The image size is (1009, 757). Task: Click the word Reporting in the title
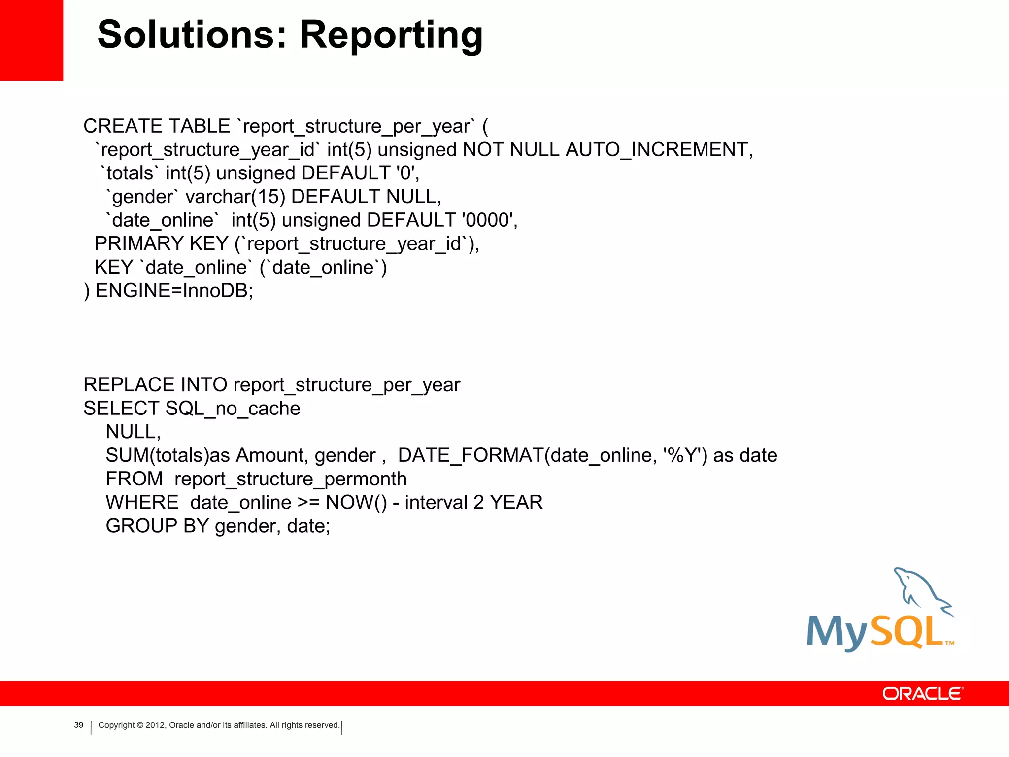tap(391, 35)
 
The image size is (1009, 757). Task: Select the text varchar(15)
tap(235, 197)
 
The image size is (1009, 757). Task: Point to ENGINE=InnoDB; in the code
tap(174, 291)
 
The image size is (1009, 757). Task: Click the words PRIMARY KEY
tap(161, 244)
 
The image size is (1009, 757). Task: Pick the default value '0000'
tap(487, 220)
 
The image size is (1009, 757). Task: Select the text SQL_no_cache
tap(233, 409)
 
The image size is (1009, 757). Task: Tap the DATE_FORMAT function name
tap(470, 455)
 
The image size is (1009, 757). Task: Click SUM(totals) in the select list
tap(157, 455)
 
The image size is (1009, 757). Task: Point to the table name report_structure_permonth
tap(290, 479)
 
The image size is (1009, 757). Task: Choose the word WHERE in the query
tap(142, 503)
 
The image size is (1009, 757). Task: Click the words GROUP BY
tap(157, 526)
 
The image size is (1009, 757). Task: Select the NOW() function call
tap(356, 503)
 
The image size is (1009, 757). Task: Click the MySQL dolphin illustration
tap(919, 591)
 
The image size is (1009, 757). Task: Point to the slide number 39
tap(79, 725)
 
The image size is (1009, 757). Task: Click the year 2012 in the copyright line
tap(155, 725)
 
